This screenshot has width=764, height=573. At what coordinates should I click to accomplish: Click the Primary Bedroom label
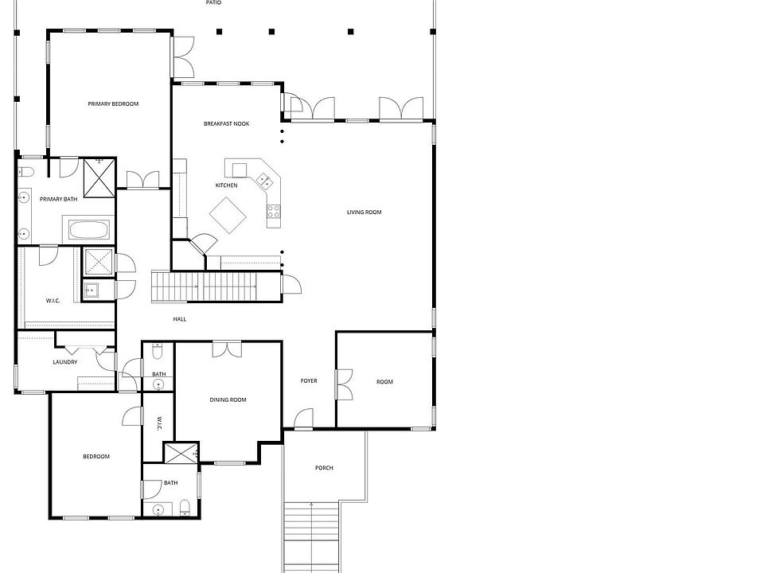(113, 103)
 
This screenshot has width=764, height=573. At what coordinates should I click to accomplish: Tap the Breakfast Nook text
(227, 124)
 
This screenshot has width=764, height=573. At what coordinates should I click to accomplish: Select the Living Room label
(364, 212)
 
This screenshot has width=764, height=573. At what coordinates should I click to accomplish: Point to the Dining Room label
(228, 400)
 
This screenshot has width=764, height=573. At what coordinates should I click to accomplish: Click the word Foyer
(309, 381)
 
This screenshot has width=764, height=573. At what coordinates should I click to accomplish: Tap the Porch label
(324, 468)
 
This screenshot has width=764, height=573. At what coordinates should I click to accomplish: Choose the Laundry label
(64, 362)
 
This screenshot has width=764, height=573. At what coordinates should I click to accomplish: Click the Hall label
(180, 319)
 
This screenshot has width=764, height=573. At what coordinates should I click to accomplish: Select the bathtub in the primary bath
(88, 230)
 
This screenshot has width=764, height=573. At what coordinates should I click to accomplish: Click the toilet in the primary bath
(25, 172)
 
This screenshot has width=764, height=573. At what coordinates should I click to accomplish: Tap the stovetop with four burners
(273, 211)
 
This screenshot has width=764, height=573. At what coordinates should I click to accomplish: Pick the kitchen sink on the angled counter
(264, 181)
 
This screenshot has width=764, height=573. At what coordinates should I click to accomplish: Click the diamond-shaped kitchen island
(228, 216)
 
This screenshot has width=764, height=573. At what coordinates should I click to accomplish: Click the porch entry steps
(311, 536)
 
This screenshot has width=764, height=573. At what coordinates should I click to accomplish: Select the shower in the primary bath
(99, 177)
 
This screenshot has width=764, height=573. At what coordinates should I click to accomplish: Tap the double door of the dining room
(227, 349)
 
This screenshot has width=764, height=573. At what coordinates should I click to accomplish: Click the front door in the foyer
(303, 419)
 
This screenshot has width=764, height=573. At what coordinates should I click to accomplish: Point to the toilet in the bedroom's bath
(185, 508)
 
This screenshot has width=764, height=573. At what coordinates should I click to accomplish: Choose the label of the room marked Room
(384, 382)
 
